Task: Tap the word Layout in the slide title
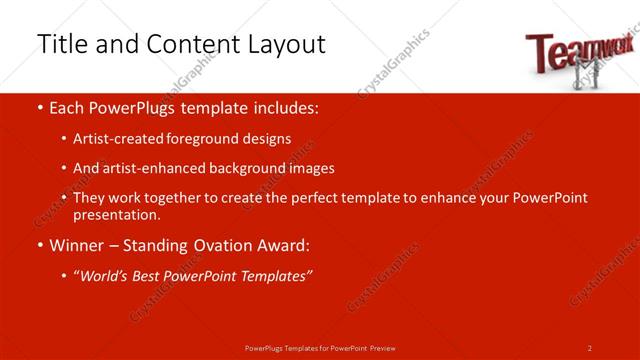click(279, 45)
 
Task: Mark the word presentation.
click(116, 214)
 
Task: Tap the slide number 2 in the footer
click(589, 347)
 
